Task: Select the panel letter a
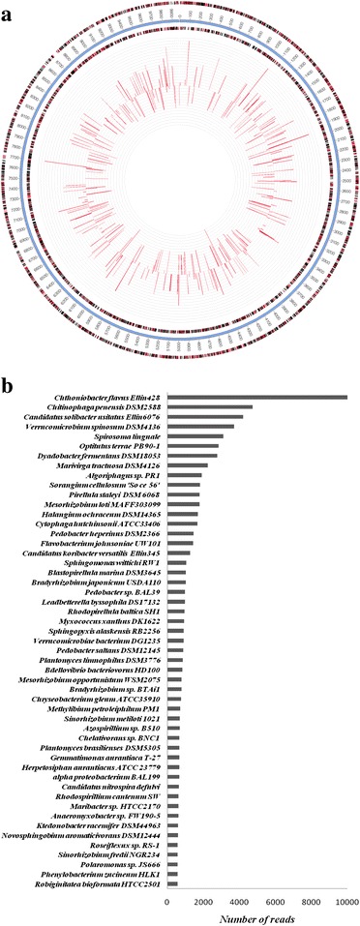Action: [9, 8]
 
